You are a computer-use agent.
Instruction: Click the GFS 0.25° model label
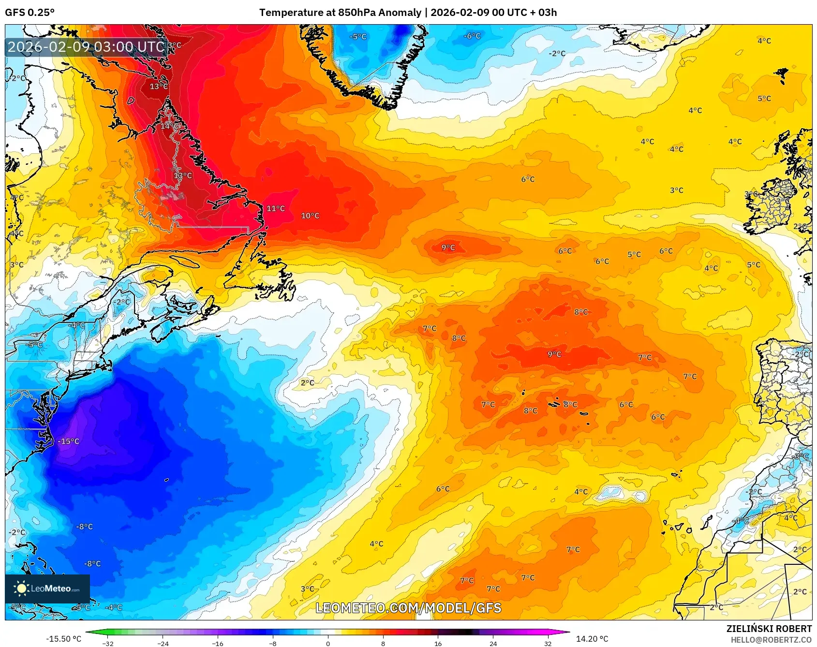click(x=30, y=12)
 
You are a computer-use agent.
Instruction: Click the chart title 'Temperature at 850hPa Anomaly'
click(x=340, y=12)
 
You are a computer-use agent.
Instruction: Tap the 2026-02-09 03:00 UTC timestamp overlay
click(x=86, y=47)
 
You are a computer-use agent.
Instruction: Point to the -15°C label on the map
click(x=68, y=441)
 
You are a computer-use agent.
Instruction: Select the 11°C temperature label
click(x=276, y=208)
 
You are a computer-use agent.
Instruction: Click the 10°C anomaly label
click(x=310, y=216)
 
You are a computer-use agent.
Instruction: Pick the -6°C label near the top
click(x=472, y=36)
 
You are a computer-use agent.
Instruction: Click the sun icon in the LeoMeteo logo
click(x=21, y=588)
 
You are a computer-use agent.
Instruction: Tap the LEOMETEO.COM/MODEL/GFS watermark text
click(x=408, y=608)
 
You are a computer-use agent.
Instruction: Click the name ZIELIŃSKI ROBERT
click(x=769, y=629)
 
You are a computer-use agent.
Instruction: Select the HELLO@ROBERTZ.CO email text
click(x=771, y=640)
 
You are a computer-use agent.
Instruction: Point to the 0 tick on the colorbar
click(x=328, y=643)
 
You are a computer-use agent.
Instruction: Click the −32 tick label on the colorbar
click(x=108, y=643)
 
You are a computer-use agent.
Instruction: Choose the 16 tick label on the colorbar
click(x=438, y=643)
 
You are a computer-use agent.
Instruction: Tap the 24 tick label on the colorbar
click(x=493, y=643)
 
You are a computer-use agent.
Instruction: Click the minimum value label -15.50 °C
click(x=63, y=639)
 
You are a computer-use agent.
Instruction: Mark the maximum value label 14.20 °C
click(x=592, y=639)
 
